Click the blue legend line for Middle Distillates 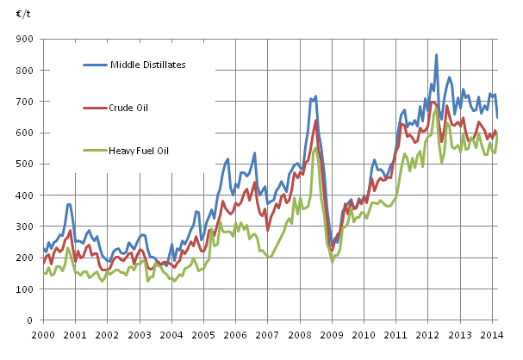pyautogui.click(x=97, y=64)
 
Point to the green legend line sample pyautogui.click(x=97, y=152)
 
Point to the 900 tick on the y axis pyautogui.click(x=25, y=39)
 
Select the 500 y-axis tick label pyautogui.click(x=25, y=164)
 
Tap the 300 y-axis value pyautogui.click(x=25, y=226)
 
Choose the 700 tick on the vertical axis pyautogui.click(x=25, y=101)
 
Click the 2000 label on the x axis pyautogui.click(x=42, y=334)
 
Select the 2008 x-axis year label pyautogui.click(x=300, y=334)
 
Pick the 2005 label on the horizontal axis pyautogui.click(x=203, y=334)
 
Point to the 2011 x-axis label pyautogui.click(x=397, y=334)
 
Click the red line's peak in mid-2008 pyautogui.click(x=316, y=120)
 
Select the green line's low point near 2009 pyautogui.click(x=333, y=261)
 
